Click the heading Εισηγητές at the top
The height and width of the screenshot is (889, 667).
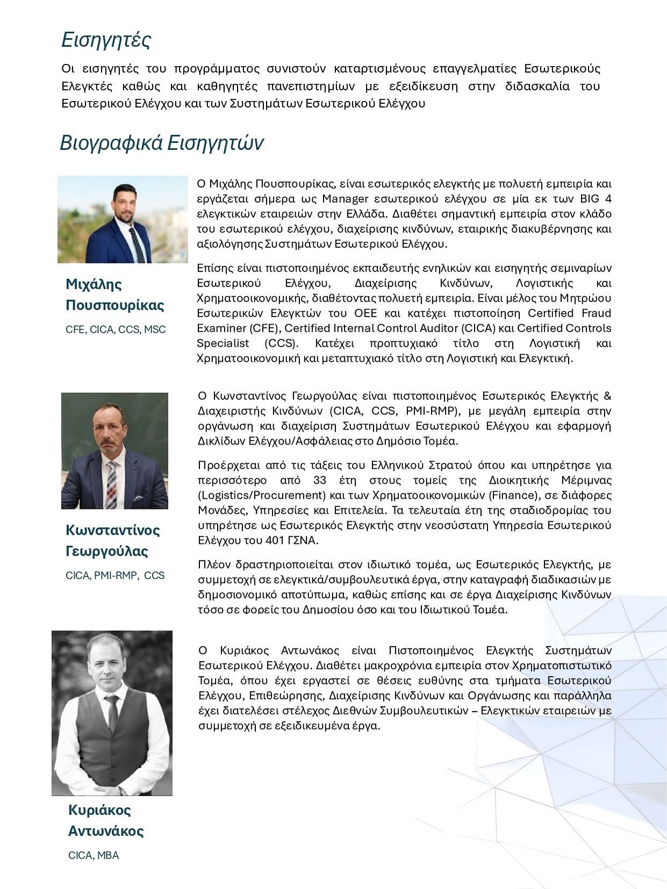tap(106, 40)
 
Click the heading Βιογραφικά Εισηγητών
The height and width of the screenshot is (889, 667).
tap(161, 143)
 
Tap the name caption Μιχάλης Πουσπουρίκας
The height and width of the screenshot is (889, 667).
tap(114, 295)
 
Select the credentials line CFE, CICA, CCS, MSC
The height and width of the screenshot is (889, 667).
tap(116, 329)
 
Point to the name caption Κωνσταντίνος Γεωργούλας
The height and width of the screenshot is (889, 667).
tap(113, 541)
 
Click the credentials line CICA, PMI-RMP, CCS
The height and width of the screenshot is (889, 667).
tap(115, 575)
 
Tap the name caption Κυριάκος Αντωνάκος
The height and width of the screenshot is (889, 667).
tap(106, 820)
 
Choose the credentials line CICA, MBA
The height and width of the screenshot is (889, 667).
tap(94, 855)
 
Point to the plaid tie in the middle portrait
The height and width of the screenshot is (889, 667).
tap(112, 481)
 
